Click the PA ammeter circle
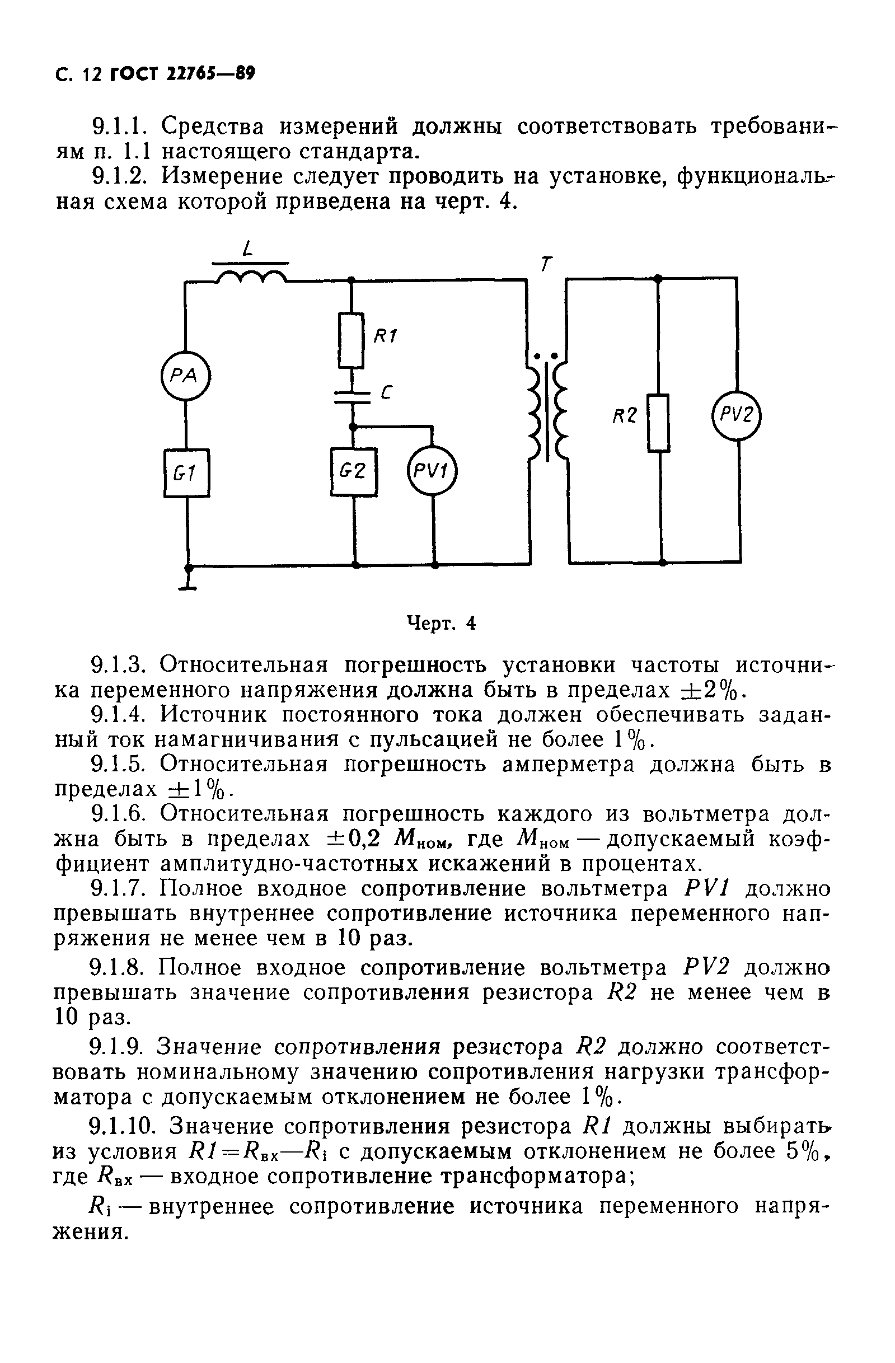point(185,376)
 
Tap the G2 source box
point(353,471)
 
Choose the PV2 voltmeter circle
point(737,415)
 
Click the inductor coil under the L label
point(251,277)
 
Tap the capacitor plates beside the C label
point(352,397)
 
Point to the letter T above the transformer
point(547,263)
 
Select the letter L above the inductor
point(247,249)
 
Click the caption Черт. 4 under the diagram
point(441,623)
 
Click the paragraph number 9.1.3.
point(119,666)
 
